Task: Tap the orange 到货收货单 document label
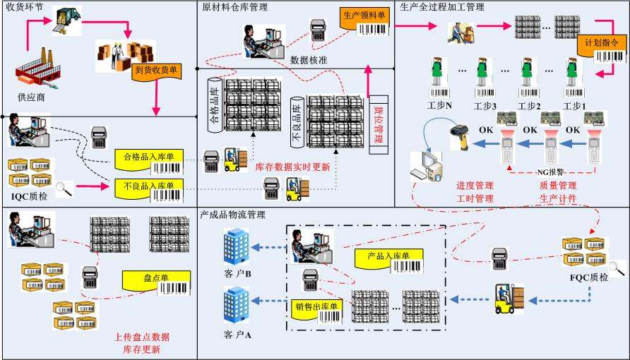click(155, 71)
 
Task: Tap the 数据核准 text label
click(309, 60)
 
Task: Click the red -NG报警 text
click(551, 172)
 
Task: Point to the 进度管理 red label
click(475, 186)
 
